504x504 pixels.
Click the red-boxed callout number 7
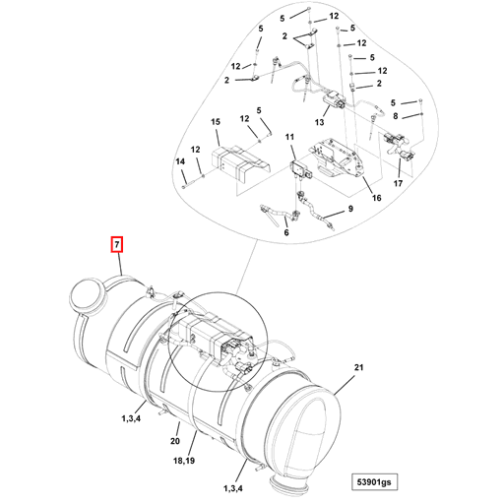tap(117, 242)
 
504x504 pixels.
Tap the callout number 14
tap(180, 161)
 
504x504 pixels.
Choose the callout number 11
tap(290, 136)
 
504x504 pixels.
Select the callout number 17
tap(398, 184)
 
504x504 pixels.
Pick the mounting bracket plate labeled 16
tap(339, 163)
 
